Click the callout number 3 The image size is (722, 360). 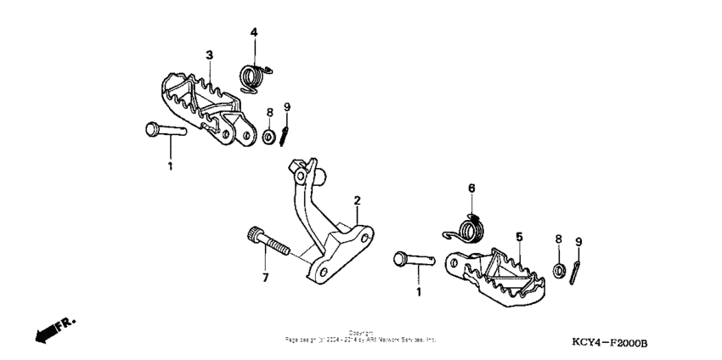(x=209, y=55)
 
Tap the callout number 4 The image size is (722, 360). (x=253, y=32)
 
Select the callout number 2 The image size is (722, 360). (x=358, y=200)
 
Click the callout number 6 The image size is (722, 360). (x=471, y=188)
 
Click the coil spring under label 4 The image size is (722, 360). (x=252, y=76)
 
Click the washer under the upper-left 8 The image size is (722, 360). (x=268, y=136)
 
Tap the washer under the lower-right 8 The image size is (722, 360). (x=558, y=271)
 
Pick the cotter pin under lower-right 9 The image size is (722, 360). (x=577, y=271)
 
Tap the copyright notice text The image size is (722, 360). (x=361, y=336)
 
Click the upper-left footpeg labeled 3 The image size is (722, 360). (x=204, y=106)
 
